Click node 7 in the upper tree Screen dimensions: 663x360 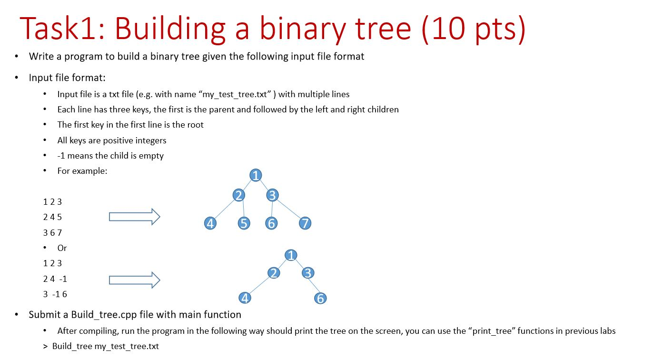305,223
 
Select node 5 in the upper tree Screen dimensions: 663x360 244,223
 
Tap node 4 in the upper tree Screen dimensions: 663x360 210,223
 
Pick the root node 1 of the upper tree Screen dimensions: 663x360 256,175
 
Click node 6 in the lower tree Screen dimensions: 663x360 320,298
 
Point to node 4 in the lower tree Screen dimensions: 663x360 245,298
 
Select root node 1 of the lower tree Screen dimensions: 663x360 291,255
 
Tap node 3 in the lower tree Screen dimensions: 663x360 308,273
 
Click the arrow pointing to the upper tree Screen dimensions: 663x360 135,217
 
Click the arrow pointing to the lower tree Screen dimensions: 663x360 135,280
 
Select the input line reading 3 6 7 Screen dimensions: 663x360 52,233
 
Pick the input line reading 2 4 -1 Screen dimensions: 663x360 55,279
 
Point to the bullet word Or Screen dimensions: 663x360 62,248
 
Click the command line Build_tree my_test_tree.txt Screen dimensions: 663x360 105,346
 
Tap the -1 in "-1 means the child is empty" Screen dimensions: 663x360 61,156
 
